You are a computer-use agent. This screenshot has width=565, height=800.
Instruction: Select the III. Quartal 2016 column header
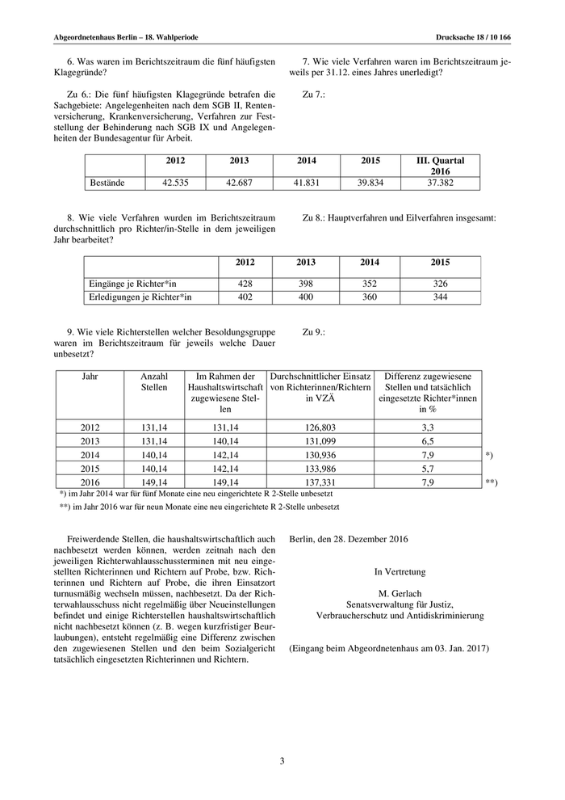[440, 166]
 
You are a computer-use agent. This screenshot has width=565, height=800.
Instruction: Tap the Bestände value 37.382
[440, 183]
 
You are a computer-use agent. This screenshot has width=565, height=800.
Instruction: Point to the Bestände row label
[106, 183]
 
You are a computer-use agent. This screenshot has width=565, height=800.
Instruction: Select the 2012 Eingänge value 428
[245, 284]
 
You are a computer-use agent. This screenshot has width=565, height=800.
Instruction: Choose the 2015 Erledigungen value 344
[440, 297]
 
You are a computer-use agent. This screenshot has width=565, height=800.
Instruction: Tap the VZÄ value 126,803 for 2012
[320, 427]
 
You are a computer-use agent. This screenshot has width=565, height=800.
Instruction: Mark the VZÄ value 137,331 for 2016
[320, 483]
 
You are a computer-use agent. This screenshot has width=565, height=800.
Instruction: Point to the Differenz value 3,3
[428, 427]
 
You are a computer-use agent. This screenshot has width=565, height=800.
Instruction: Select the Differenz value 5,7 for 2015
[428, 469]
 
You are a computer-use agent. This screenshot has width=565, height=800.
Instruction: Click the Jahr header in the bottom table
[90, 377]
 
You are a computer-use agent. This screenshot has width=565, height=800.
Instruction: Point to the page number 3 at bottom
[282, 760]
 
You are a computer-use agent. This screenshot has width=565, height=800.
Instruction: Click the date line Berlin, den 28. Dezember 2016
[349, 539]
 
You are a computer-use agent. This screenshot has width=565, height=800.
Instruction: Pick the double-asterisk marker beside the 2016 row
[491, 483]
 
